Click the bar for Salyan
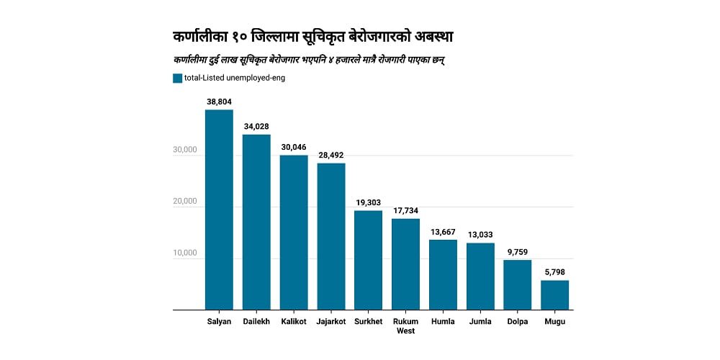(x=219, y=210)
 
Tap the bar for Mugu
(x=554, y=295)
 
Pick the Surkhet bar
(x=368, y=260)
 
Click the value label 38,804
(x=219, y=102)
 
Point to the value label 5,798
(x=554, y=273)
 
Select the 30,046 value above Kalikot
(x=294, y=148)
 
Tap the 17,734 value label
(x=405, y=211)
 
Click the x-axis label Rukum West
(x=405, y=326)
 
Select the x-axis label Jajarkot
(x=331, y=322)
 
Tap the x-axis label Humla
(x=443, y=322)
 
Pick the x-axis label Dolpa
(x=517, y=322)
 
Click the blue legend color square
(x=177, y=78)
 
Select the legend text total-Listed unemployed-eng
(x=235, y=78)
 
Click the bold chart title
(x=313, y=36)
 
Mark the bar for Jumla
(x=480, y=276)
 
